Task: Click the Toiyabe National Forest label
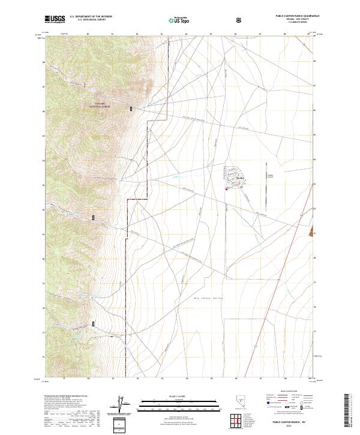(x=98, y=105)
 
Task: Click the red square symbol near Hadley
(x=226, y=190)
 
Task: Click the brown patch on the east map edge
(x=311, y=233)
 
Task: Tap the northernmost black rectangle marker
(x=131, y=109)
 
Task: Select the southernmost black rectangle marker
(x=94, y=325)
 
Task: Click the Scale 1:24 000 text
(x=172, y=395)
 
